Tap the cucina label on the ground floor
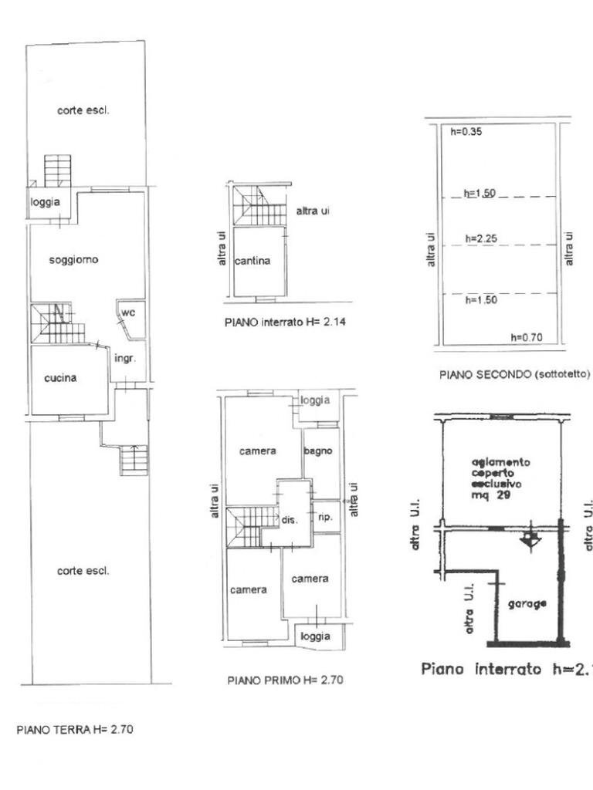(60, 378)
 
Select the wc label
(128, 312)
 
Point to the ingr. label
(124, 359)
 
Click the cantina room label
(253, 261)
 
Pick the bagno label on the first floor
(318, 451)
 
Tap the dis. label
(289, 520)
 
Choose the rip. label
(324, 517)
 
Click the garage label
(529, 604)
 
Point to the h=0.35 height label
(466, 132)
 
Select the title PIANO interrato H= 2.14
(285, 322)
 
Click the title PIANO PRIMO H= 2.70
(285, 680)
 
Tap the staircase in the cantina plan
(255, 207)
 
